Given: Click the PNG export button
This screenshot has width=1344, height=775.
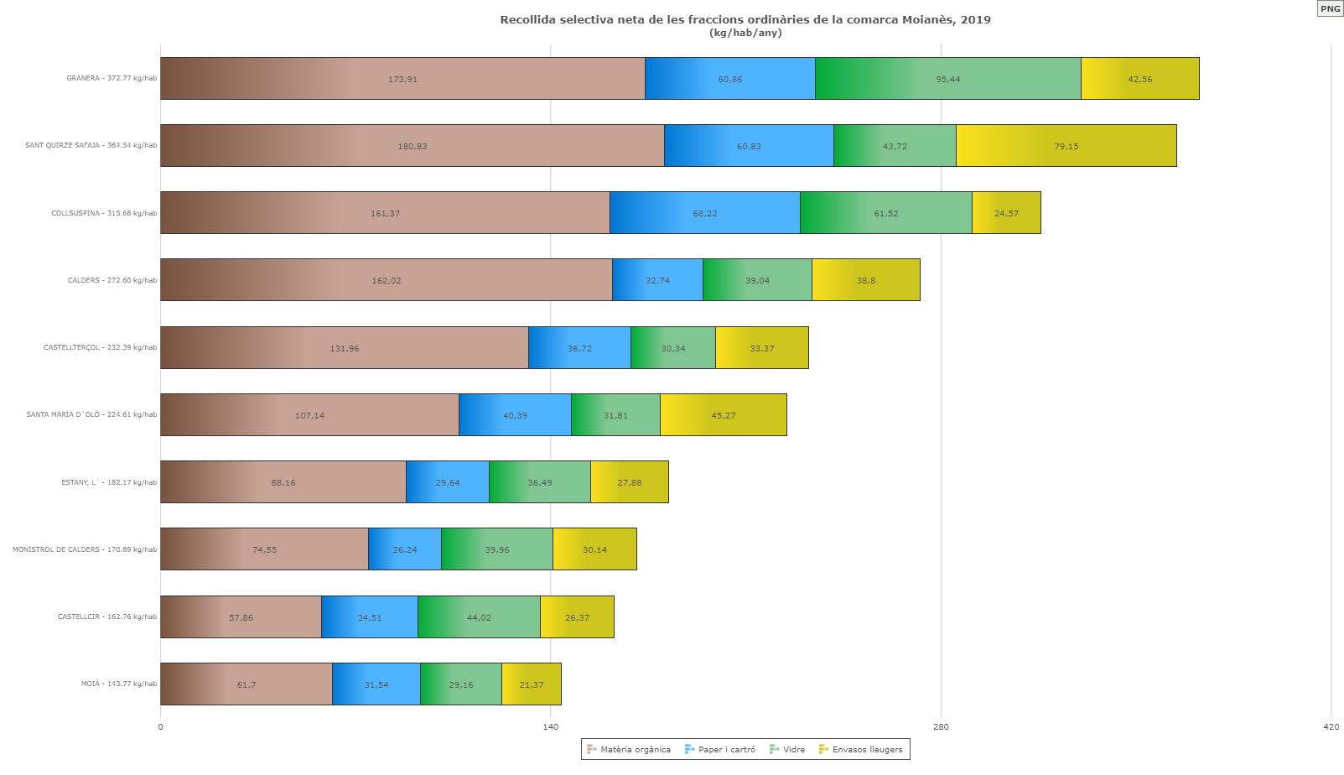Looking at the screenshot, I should [1331, 8].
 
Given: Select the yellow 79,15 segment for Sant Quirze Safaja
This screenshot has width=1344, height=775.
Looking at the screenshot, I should [1066, 146].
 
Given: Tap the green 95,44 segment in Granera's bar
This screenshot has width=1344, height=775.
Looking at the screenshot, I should [947, 79].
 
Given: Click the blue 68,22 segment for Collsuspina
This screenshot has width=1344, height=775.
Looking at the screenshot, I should [704, 213].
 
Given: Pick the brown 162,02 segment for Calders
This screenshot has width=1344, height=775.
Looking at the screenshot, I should [386, 280].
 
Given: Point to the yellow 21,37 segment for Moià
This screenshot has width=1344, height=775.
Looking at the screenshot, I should [531, 684].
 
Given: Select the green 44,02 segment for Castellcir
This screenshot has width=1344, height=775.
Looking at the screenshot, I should [479, 617].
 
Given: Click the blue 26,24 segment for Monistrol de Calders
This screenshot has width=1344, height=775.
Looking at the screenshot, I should [404, 549].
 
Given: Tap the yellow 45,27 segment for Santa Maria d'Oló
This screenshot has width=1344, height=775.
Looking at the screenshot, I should [723, 415].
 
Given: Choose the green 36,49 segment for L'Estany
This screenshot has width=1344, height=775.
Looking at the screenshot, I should [539, 482].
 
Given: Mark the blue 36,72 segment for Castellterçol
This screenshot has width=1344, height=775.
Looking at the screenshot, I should [579, 348].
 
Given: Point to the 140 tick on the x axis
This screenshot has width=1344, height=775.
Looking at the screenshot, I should [550, 727].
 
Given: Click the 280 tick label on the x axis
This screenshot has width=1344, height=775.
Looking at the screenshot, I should [941, 727].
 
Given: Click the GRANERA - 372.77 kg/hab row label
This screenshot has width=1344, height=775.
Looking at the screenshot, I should [112, 79].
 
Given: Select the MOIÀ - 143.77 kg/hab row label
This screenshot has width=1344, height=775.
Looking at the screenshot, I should [118, 684].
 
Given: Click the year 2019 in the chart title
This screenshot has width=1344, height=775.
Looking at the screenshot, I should [975, 20].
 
